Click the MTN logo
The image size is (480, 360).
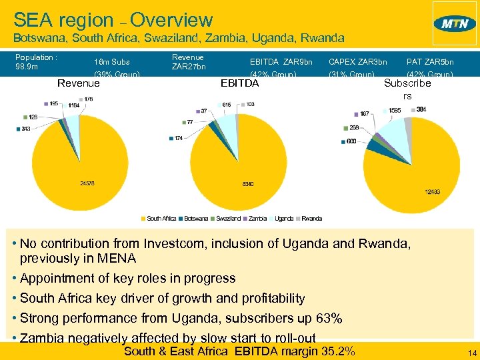455,23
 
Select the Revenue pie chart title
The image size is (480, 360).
79,83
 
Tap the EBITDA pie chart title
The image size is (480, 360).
239,83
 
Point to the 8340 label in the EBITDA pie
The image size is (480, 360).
247,183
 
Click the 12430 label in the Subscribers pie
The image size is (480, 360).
432,192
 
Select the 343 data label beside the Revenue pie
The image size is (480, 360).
26,129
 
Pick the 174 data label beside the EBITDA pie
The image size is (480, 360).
179,138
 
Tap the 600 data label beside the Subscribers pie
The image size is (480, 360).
351,141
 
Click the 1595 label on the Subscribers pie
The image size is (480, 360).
395,110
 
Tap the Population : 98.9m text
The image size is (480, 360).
36,62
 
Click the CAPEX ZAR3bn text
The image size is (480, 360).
357,62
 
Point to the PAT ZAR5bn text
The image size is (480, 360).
429,62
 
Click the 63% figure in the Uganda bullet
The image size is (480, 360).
329,318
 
